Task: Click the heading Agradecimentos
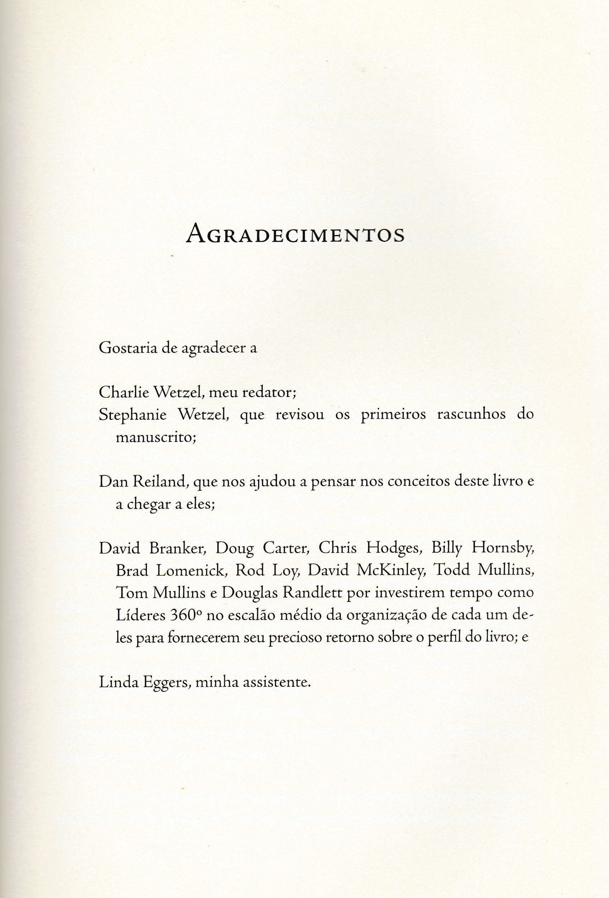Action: point(295,233)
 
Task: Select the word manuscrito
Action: point(156,437)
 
